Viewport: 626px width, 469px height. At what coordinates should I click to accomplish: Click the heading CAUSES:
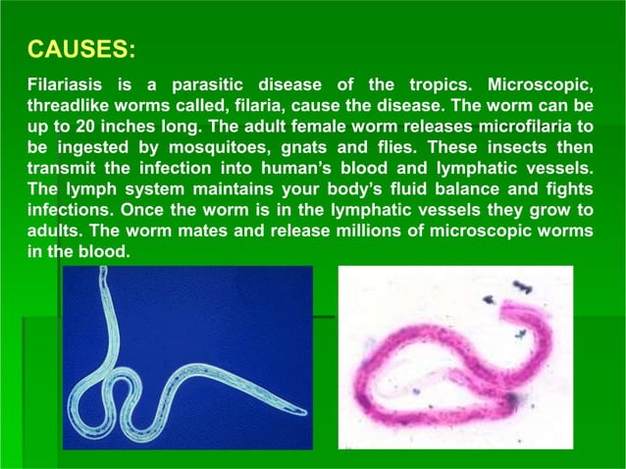82,48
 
